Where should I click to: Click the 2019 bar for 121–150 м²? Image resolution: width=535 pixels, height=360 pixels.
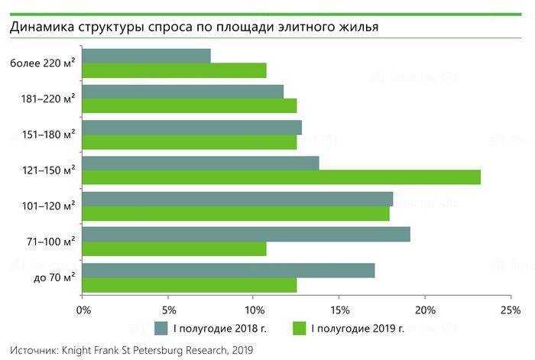point(281,177)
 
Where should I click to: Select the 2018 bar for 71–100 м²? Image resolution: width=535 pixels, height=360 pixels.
point(246,234)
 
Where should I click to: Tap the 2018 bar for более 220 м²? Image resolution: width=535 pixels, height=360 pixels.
point(146,56)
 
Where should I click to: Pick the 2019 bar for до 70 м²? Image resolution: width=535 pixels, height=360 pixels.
point(190,284)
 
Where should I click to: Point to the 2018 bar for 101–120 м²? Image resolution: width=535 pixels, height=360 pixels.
point(238,199)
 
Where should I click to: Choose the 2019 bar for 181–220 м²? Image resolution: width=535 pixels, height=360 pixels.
point(190,105)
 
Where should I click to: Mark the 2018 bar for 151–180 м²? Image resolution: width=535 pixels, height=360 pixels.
point(192,127)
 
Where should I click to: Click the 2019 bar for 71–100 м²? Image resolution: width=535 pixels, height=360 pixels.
point(174,248)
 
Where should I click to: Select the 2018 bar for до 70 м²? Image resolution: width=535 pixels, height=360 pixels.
point(229,270)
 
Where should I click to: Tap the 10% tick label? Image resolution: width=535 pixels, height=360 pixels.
point(255,310)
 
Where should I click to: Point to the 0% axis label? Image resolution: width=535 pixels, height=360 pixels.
point(84,310)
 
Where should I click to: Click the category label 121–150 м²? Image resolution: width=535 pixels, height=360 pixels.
point(50,170)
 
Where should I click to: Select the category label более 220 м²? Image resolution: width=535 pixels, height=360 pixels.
point(43,63)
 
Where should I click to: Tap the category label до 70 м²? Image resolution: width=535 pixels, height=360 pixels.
point(53,277)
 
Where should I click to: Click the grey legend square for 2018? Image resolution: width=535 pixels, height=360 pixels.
point(160,329)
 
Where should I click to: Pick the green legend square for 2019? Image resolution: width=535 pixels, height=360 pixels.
point(300,329)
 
